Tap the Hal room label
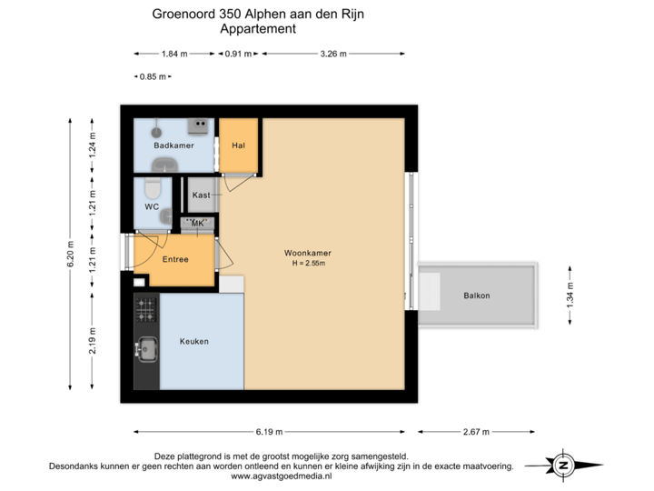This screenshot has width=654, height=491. pos(239,145)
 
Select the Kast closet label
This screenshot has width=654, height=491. pos(202,195)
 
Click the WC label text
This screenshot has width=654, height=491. pos(152,206)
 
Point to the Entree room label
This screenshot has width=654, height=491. pos(175,260)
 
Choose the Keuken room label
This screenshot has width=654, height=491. pos(194,341)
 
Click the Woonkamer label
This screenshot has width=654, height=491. pos(307,254)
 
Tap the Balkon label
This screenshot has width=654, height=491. pos(477,296)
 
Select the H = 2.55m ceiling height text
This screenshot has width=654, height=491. pos(308,264)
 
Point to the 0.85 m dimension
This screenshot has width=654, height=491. pos(152,76)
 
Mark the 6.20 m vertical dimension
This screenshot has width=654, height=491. pos(69,254)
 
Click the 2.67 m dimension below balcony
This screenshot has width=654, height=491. pos(476,431)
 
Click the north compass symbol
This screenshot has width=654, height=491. pos(563,465)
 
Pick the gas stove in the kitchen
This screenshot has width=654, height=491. pos(144,311)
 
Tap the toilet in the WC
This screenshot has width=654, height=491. pos(152,188)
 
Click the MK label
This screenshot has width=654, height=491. pos(197,223)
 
